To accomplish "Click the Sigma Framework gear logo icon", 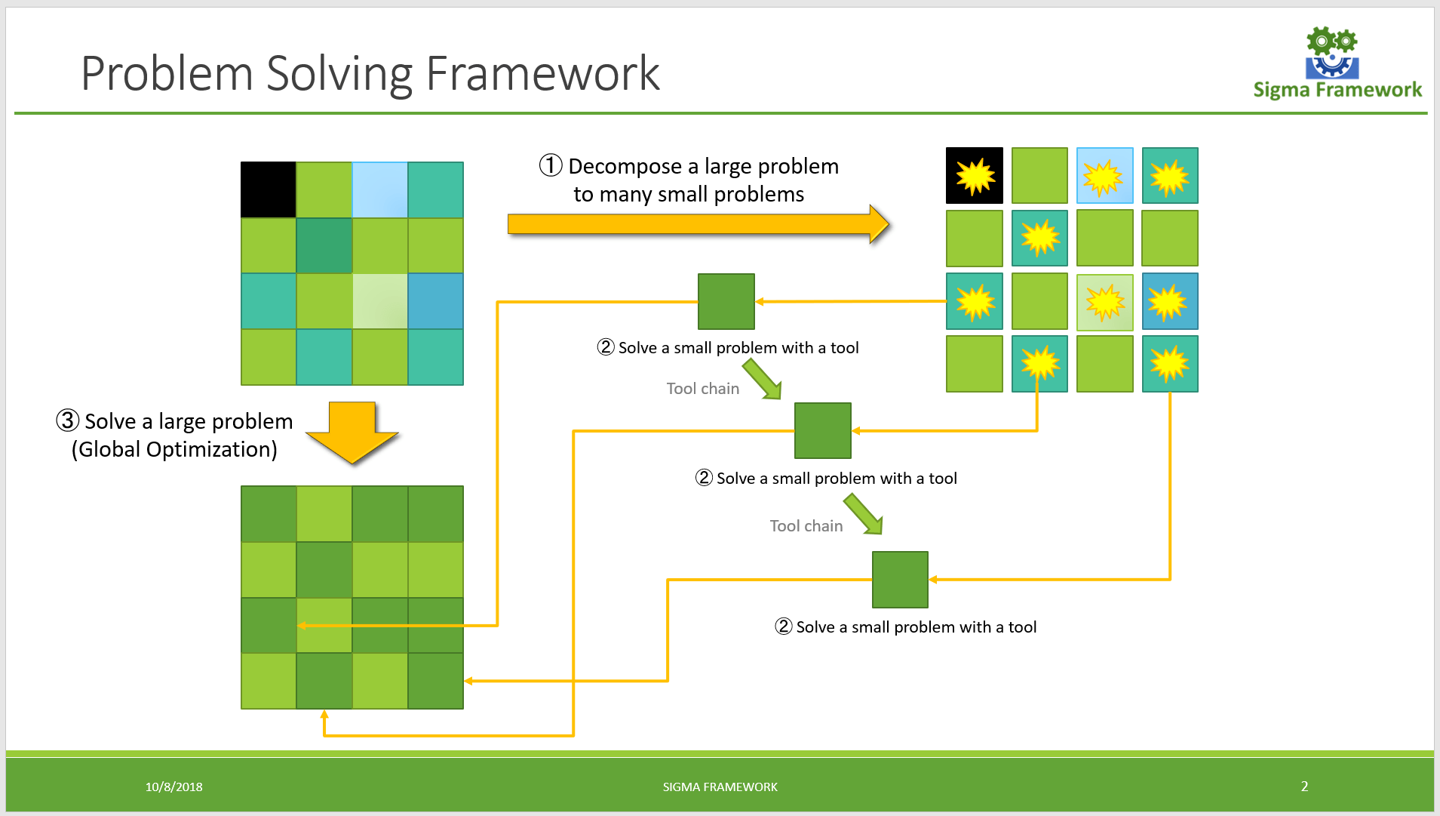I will click(1332, 53).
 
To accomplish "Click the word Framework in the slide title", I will click(542, 74).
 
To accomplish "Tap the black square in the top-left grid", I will click(268, 189).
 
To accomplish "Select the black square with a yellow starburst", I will click(974, 176).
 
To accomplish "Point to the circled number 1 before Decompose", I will click(551, 165).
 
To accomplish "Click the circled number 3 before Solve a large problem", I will click(68, 420).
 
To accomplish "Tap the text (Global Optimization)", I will click(174, 449).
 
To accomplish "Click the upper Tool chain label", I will click(702, 389).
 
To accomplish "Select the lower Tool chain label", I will click(806, 526).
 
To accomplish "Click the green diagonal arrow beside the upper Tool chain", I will click(762, 379).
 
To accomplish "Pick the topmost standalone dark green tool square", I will click(726, 301).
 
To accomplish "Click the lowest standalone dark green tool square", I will click(900, 580).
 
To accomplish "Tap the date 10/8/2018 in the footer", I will click(173, 787).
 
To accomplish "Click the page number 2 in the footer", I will click(1304, 786).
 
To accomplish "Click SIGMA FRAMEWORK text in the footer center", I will click(720, 787).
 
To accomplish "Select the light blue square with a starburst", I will click(1104, 176).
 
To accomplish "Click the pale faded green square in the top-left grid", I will click(380, 300).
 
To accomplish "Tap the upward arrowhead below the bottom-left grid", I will click(324, 714).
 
